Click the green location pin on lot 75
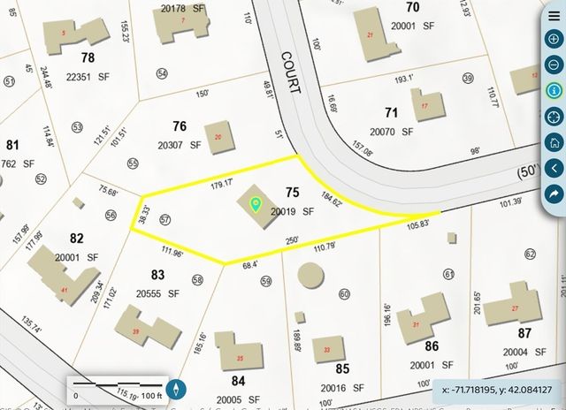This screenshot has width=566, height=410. pos(256,205)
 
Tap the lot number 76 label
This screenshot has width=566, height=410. pos(180,125)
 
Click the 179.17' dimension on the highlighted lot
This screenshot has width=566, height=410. pos(221,184)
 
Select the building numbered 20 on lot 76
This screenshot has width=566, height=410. pos(218,137)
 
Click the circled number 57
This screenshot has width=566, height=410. pos(164,218)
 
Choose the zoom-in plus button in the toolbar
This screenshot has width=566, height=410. pos(554,39)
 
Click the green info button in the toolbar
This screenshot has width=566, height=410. pos(554,90)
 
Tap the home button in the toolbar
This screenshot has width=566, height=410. pos(554,141)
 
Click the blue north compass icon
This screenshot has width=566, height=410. pos(177,388)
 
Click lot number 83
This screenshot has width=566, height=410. pos(158,275)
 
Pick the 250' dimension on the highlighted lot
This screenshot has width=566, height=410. pos(292,239)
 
